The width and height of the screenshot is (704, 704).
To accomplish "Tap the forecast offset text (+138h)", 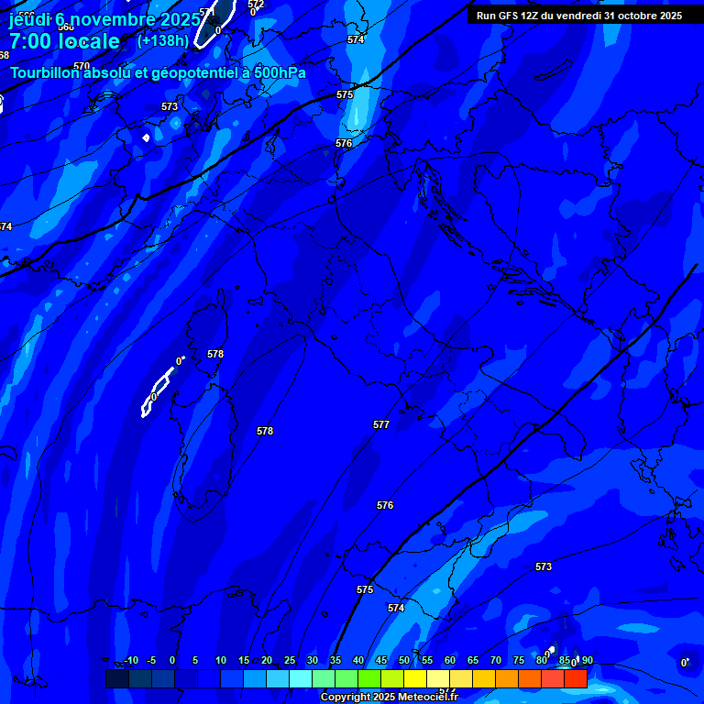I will click(162, 41).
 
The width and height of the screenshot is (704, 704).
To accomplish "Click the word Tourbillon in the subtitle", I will click(45, 72).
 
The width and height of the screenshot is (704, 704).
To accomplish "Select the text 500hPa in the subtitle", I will click(280, 72).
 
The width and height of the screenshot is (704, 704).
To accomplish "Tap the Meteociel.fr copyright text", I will click(389, 698).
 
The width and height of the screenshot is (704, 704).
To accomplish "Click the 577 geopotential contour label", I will click(381, 424).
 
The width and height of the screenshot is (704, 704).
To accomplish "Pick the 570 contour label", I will click(82, 66).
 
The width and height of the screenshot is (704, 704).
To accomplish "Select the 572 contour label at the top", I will click(256, 5).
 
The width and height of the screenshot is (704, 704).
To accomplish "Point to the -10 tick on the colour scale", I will click(130, 661).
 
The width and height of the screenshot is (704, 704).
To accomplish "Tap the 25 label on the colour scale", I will click(290, 661).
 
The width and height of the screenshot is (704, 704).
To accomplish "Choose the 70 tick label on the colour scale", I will click(496, 661).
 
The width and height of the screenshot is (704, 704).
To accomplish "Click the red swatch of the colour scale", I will click(575, 678).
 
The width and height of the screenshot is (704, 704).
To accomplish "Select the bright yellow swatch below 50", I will click(414, 678).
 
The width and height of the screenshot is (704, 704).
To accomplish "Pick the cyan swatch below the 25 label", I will click(300, 678).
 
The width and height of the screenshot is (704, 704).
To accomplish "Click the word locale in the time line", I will click(88, 41).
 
